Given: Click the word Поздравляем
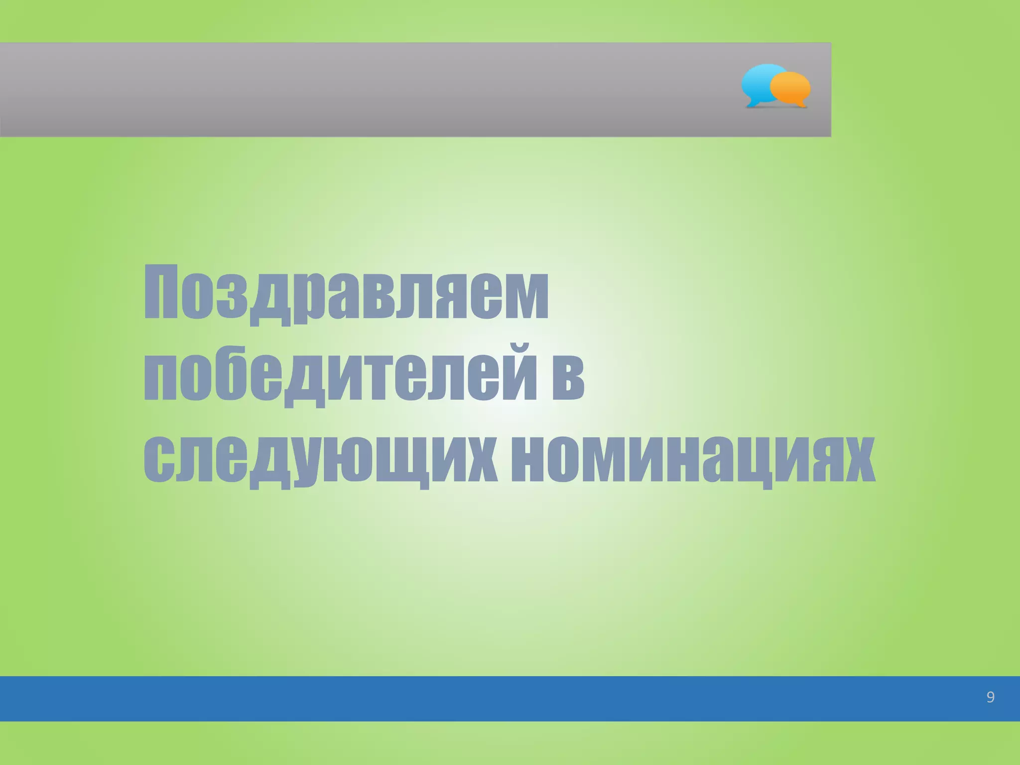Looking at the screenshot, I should click(346, 294).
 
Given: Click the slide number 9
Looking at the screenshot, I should click(990, 697).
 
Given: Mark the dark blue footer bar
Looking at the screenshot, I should click(498, 698).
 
